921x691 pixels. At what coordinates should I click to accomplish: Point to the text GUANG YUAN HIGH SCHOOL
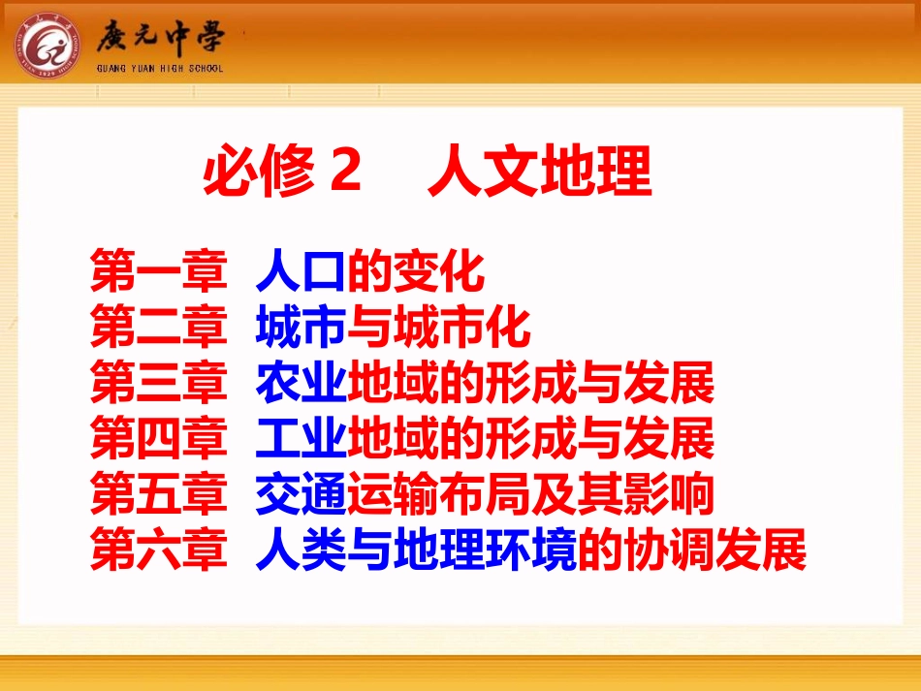pos(160,68)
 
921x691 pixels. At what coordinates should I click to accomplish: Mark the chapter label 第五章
pos(159,495)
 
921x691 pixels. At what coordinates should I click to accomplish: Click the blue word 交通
pos(301,495)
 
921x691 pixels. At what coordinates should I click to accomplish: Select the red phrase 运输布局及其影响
pos(530,495)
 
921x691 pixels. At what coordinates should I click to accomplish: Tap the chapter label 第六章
pos(159,550)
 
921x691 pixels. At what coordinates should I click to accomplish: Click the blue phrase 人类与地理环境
pos(416,550)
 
